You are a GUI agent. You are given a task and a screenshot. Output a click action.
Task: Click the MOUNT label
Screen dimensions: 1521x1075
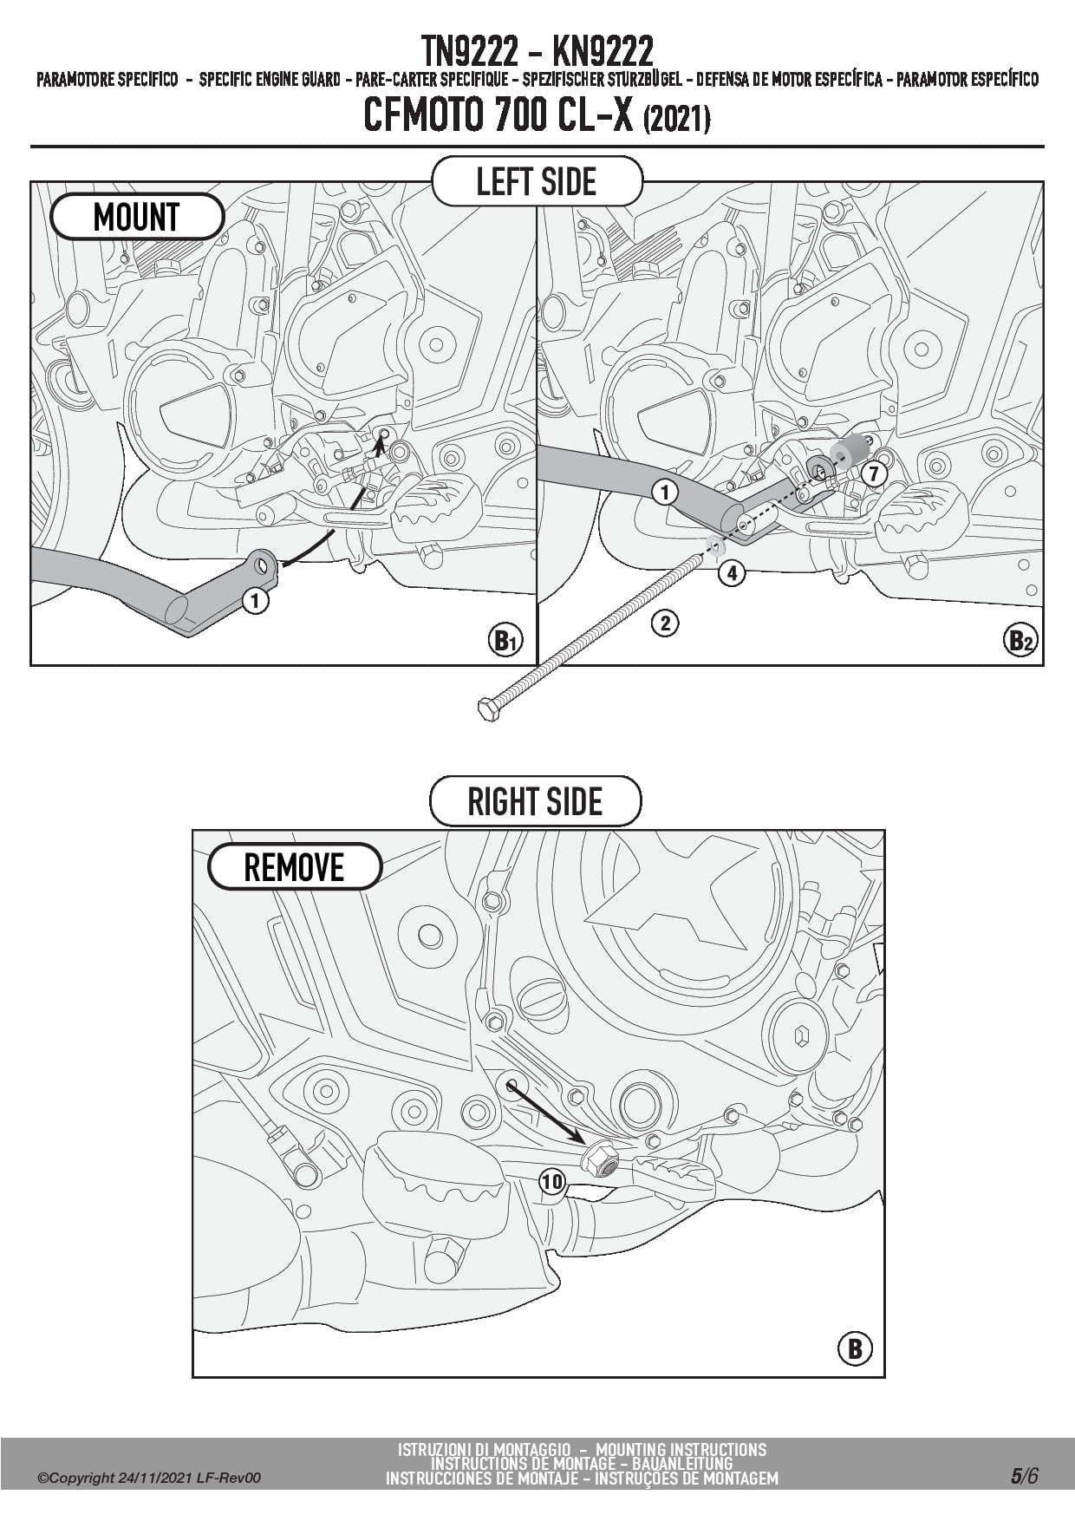click(x=137, y=217)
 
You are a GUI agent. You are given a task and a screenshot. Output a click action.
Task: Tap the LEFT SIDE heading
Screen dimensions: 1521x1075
click(x=537, y=182)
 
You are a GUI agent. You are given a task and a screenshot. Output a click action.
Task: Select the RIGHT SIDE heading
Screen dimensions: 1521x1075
click(x=535, y=801)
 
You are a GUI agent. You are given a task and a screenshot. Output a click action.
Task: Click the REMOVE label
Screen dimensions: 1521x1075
click(x=294, y=867)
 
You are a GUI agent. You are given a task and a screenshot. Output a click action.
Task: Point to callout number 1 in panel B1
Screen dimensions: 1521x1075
click(x=255, y=600)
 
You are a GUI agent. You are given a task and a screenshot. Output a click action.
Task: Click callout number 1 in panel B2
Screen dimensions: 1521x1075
click(x=664, y=493)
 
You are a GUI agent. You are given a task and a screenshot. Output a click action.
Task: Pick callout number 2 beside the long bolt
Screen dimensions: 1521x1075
click(x=665, y=623)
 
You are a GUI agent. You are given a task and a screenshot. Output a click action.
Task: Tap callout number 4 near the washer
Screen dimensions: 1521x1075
click(x=732, y=572)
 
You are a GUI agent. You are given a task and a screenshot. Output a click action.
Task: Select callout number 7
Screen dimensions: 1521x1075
click(x=873, y=473)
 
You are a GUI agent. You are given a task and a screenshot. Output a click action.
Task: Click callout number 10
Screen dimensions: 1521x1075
click(x=552, y=1181)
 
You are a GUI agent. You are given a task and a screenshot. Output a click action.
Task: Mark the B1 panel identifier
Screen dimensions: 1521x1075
click(x=505, y=641)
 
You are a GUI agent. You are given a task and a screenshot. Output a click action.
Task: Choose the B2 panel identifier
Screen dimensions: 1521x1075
click(x=1020, y=641)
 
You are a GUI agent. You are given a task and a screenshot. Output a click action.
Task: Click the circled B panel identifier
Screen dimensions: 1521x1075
click(x=855, y=1348)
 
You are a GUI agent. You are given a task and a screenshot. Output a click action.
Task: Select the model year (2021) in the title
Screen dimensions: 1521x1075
click(x=677, y=119)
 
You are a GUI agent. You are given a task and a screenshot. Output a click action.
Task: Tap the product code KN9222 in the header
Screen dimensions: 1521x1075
click(x=602, y=52)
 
